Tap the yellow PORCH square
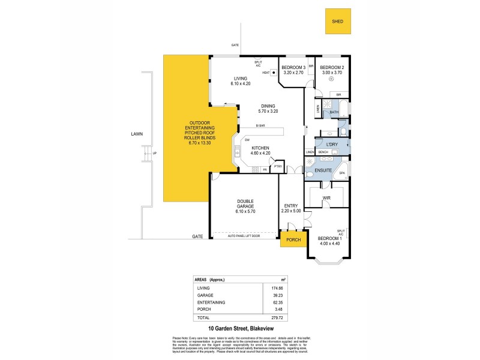click(x=293, y=240)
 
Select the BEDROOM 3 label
click(x=293, y=67)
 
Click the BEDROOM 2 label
click(x=331, y=67)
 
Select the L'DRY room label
click(x=332, y=145)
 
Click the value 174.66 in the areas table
click(x=277, y=289)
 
